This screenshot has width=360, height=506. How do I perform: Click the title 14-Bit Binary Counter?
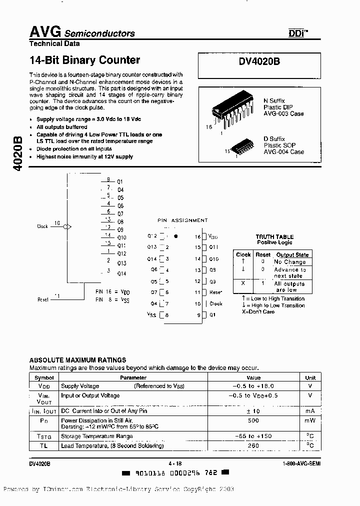point(84,60)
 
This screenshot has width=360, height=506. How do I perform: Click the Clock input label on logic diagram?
point(42,226)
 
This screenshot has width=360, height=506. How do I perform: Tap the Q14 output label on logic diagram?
point(121,273)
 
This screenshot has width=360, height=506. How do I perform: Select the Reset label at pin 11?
point(215,292)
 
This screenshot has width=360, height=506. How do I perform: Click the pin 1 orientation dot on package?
point(175,236)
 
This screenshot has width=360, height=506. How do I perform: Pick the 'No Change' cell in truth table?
point(289,262)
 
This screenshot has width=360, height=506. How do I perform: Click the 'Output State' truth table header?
point(292,254)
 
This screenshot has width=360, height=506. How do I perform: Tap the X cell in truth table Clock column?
point(243,283)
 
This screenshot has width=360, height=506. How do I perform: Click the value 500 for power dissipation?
point(253,421)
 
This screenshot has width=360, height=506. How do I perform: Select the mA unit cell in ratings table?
point(310,410)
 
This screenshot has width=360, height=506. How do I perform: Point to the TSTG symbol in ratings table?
point(44,436)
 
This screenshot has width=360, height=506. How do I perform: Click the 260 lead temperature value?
point(253,445)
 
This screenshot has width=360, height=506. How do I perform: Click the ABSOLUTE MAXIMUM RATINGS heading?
point(77,360)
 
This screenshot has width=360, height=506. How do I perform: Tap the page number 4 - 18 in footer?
point(173,464)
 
